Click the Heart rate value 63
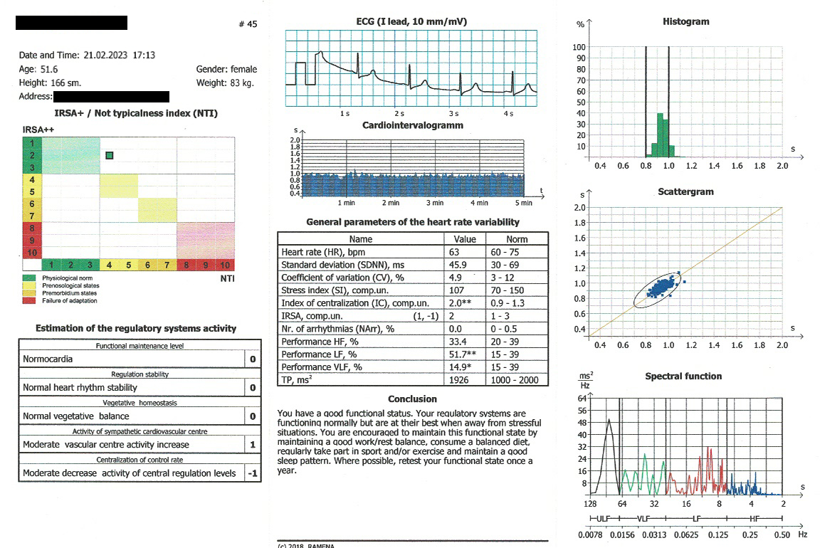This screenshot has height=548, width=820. (x=454, y=252)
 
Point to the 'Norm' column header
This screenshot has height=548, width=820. (x=517, y=239)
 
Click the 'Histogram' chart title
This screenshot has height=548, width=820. (x=685, y=21)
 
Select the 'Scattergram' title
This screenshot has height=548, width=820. (x=685, y=191)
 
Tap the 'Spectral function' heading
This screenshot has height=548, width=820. (x=683, y=376)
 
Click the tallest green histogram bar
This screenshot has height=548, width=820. (x=660, y=135)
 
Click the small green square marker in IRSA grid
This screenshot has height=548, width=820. (x=109, y=155)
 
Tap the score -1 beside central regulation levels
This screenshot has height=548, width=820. (x=252, y=473)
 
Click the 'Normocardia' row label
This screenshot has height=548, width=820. (x=48, y=359)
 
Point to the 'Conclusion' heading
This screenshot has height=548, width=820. (x=412, y=399)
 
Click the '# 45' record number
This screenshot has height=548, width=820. (x=248, y=24)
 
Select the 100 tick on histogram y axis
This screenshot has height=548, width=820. (x=579, y=47)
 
